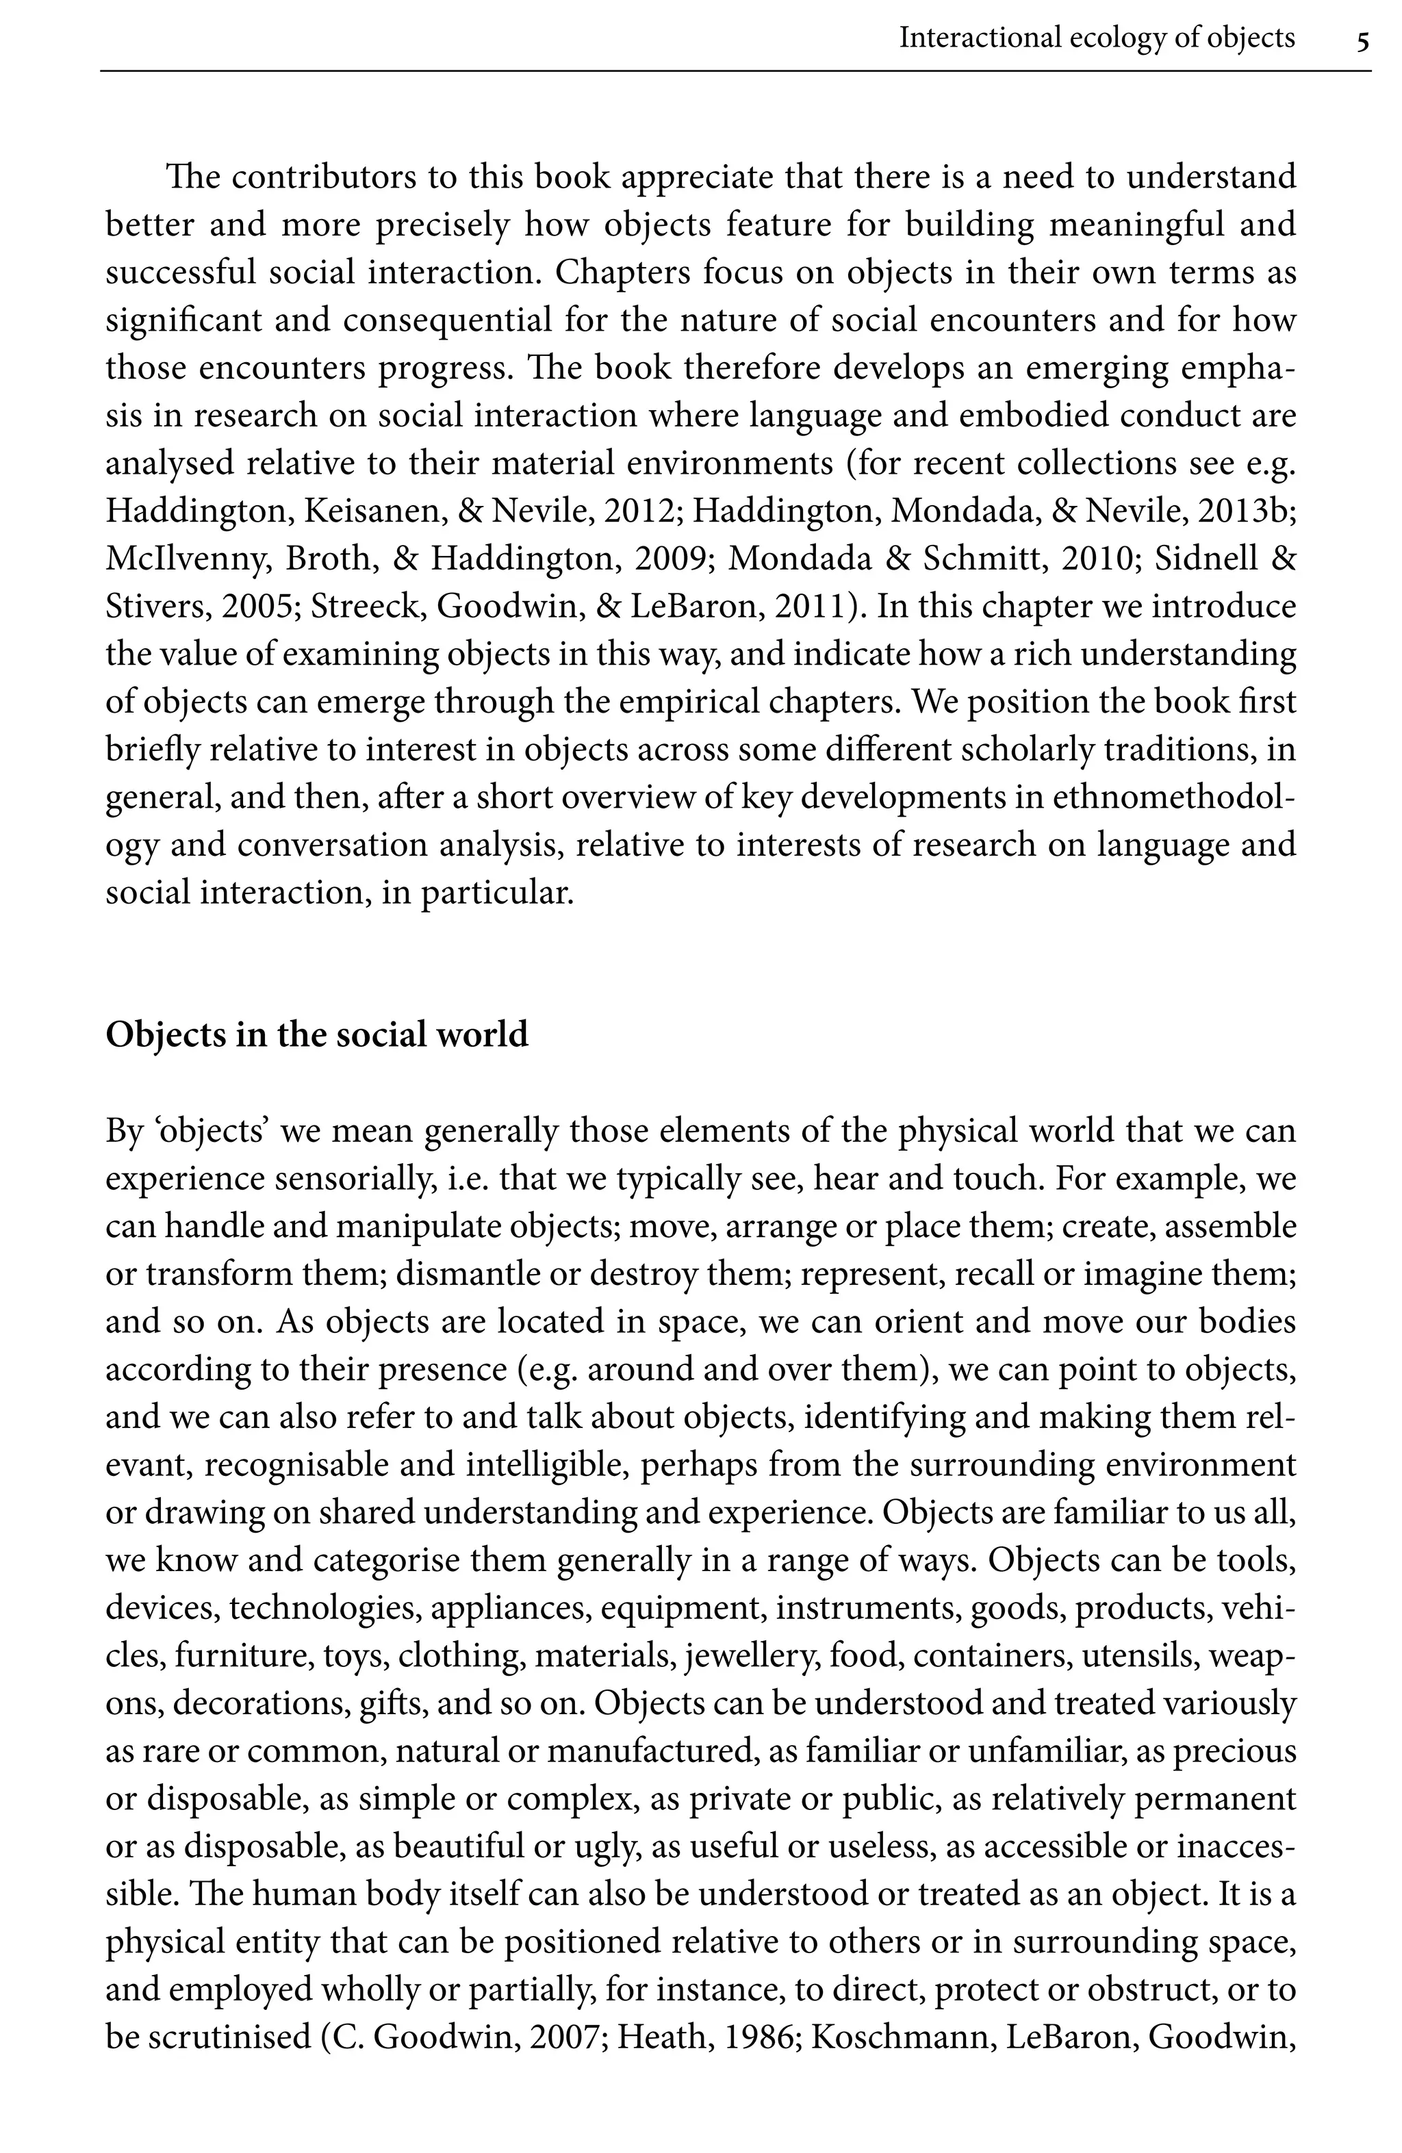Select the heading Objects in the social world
316,1034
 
